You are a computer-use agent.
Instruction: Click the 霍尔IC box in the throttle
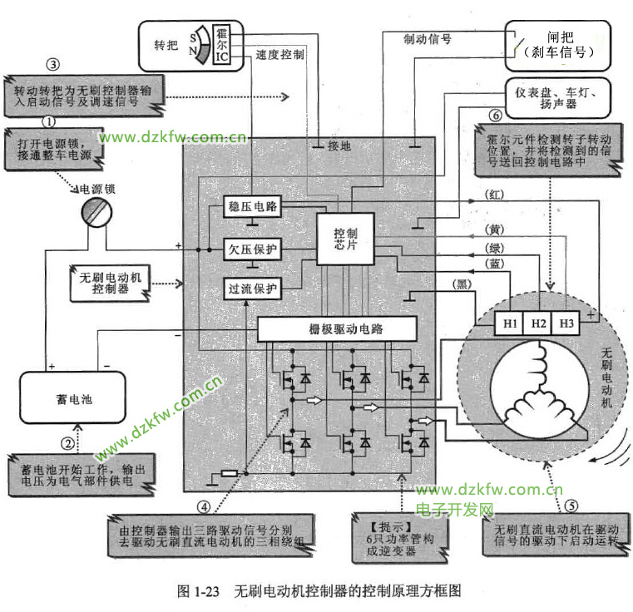point(221,44)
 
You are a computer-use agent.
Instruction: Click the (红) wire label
point(495,194)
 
